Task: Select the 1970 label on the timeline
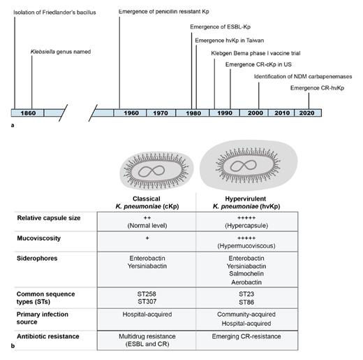coord(161,113)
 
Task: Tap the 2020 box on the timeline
coord(306,113)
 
